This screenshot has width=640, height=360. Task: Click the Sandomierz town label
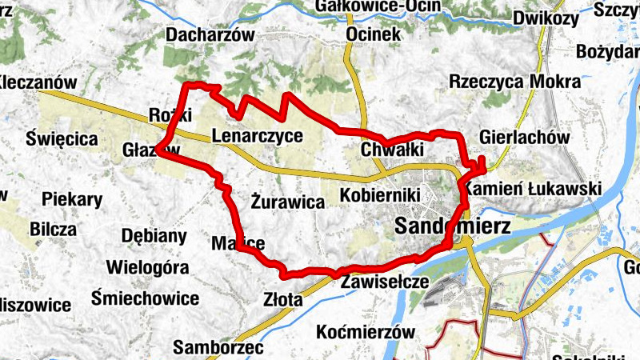(x=453, y=226)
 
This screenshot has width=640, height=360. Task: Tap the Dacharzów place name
(x=210, y=35)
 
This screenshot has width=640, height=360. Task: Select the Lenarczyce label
(x=258, y=135)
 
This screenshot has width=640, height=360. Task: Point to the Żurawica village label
(x=288, y=202)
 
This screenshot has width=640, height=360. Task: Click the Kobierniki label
(x=380, y=195)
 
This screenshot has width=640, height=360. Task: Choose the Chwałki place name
(x=391, y=150)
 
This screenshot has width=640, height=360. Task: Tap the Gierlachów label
(x=526, y=137)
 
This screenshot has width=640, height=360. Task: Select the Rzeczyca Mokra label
(x=514, y=82)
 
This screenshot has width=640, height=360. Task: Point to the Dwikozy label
(x=546, y=18)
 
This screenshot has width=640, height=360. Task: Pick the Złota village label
(x=283, y=299)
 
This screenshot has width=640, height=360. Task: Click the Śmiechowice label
(x=145, y=298)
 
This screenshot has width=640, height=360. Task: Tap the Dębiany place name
(x=154, y=236)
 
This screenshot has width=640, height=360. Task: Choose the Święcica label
(x=62, y=138)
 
